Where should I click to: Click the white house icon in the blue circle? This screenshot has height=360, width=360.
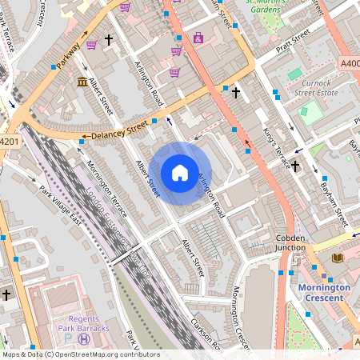(x=180, y=172)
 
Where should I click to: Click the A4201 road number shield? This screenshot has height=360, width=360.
(x=8, y=142)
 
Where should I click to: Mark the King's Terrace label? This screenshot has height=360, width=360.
(x=277, y=148)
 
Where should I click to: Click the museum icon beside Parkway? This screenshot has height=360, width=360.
(x=82, y=82)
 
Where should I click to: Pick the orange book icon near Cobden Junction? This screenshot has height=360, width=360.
(x=337, y=258)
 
